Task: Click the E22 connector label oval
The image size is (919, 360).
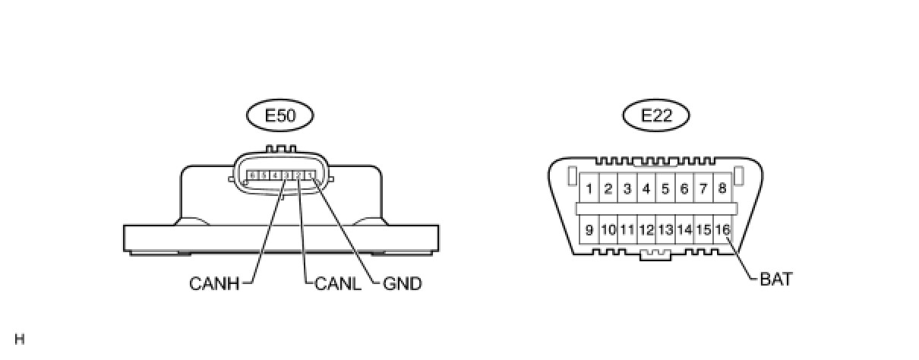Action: (655, 116)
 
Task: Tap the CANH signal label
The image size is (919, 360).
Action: (214, 284)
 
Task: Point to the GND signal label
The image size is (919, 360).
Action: (403, 284)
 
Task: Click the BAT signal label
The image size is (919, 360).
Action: (775, 279)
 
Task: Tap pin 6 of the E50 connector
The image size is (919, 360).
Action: (252, 175)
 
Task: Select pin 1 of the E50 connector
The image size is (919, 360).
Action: (310, 175)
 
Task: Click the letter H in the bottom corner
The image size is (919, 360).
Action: (19, 339)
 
